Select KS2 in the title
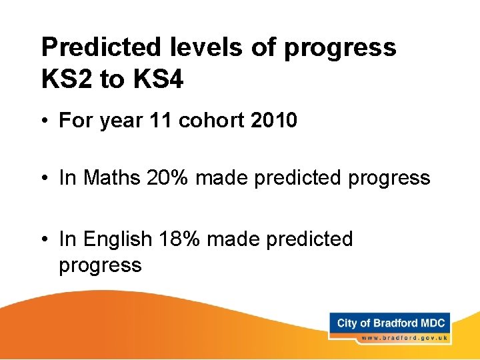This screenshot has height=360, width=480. coord(67,80)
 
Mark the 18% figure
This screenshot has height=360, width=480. coord(180,239)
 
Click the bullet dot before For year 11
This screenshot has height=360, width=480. coord(45,121)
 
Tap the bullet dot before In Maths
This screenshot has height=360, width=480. coord(45,179)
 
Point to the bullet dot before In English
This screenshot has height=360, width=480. coord(45,239)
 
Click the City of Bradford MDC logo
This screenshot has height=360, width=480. coord(391,323)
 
